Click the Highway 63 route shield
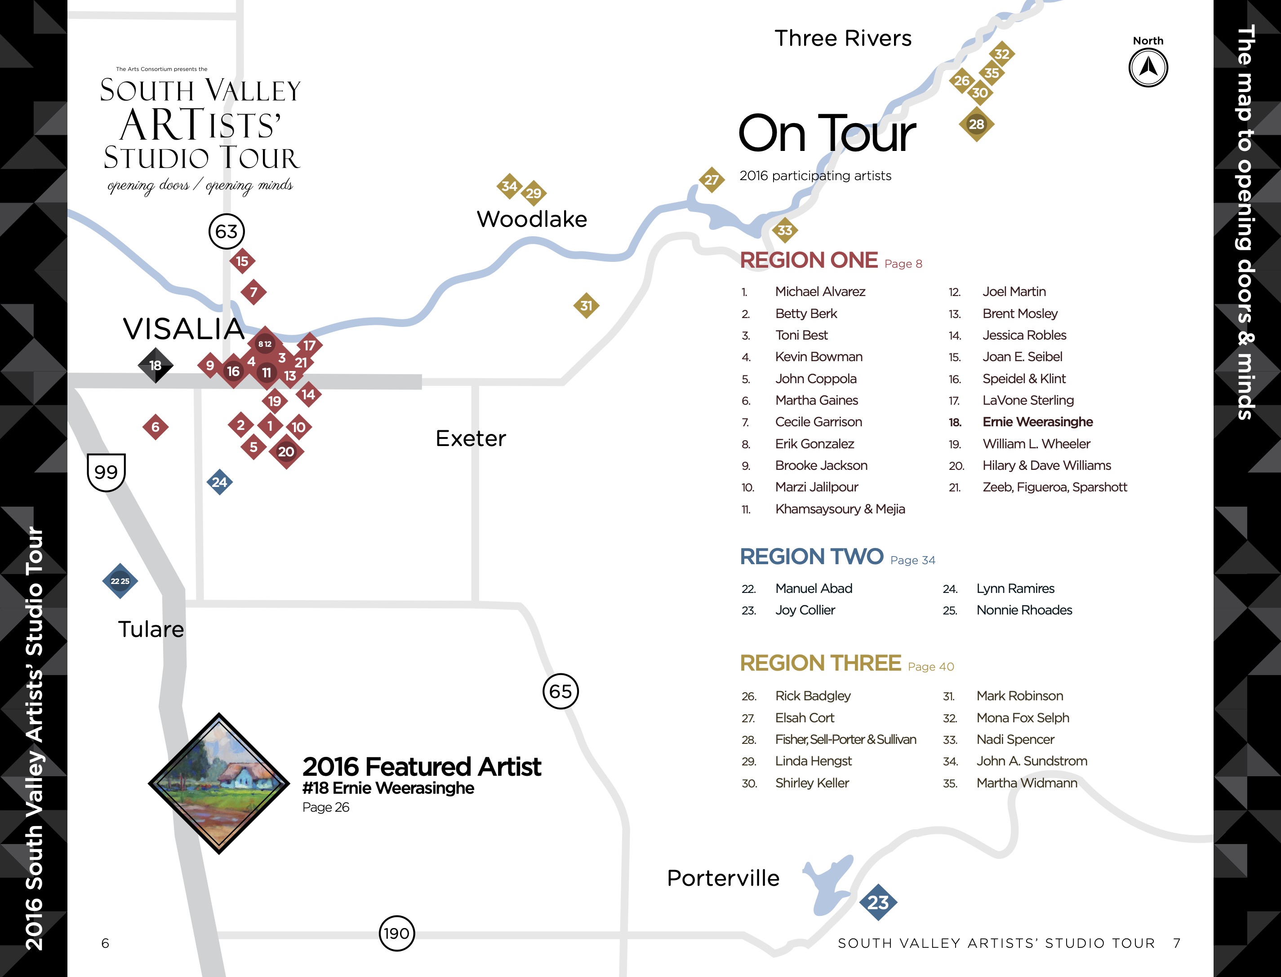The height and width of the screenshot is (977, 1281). [226, 231]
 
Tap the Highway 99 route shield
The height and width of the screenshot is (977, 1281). [106, 472]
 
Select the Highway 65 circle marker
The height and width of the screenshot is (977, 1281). [560, 691]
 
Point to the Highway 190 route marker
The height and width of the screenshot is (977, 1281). [396, 933]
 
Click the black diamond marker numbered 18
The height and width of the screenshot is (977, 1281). [156, 365]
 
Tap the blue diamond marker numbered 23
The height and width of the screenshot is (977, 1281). [878, 902]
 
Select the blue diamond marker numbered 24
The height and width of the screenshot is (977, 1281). [219, 482]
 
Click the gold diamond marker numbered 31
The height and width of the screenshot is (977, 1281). [586, 305]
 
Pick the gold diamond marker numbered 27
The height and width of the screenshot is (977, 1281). [712, 180]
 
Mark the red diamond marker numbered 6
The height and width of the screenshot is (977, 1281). [156, 427]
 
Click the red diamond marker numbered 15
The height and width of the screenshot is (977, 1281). [242, 261]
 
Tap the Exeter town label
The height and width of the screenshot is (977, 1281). [471, 438]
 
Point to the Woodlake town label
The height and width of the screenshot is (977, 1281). [532, 219]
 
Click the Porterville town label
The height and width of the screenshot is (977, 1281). [722, 878]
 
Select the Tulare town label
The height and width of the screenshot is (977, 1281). [151, 629]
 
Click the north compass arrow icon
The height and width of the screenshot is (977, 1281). [1148, 67]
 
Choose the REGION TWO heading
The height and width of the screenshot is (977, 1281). [812, 557]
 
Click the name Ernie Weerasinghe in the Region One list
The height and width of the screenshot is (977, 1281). [1037, 422]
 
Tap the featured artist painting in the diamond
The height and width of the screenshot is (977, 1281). [219, 783]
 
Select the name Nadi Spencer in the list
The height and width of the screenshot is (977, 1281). [1015, 739]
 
